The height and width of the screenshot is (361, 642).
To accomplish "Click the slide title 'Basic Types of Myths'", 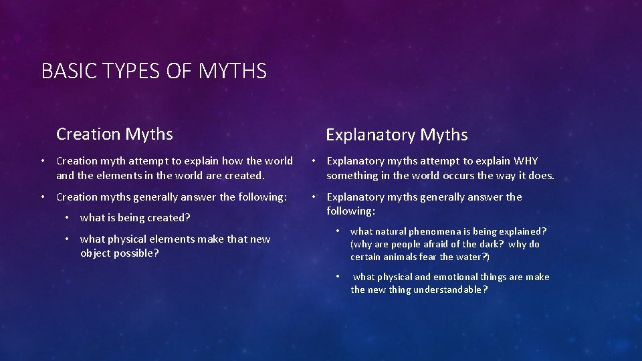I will pyautogui.click(x=154, y=71).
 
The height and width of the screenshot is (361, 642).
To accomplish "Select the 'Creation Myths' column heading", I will pyautogui.click(x=114, y=134).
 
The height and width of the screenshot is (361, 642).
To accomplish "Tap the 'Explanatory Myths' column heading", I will pyautogui.click(x=397, y=135).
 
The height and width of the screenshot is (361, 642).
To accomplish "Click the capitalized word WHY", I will pyautogui.click(x=526, y=161).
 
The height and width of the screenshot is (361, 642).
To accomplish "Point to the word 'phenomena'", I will pyautogui.click(x=445, y=231).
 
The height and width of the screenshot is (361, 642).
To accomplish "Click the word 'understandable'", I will pyautogui.click(x=450, y=289).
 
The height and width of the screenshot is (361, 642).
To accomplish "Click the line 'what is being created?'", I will pyautogui.click(x=135, y=218).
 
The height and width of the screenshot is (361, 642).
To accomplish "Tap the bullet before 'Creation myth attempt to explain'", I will pyautogui.click(x=42, y=161).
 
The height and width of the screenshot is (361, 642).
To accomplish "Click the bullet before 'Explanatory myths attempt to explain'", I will pyautogui.click(x=313, y=161).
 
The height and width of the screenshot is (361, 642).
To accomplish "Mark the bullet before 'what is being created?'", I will pyautogui.click(x=68, y=218).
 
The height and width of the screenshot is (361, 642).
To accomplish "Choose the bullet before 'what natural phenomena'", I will pyautogui.click(x=338, y=231).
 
